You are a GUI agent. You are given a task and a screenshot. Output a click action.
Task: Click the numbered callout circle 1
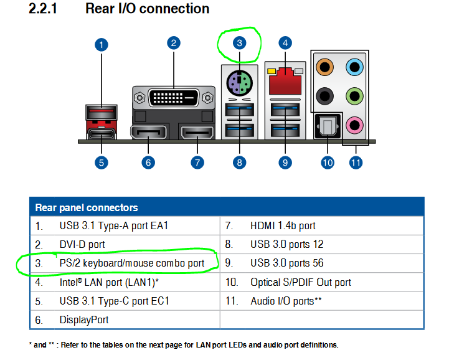coord(102,45)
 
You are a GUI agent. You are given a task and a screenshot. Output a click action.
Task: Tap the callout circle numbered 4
coord(285,43)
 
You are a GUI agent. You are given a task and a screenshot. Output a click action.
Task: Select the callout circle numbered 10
coord(328,163)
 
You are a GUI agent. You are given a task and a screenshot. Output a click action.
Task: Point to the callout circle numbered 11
coord(356,163)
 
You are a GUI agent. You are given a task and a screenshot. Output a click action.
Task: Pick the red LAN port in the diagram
coord(285,78)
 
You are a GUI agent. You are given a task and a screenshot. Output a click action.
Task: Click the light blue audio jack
coord(354,67)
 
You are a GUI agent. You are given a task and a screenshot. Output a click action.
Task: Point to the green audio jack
coord(354,96)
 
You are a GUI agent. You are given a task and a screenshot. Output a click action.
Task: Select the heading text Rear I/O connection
coord(147,9)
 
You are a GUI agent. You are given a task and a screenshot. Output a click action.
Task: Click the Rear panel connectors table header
coord(87,207)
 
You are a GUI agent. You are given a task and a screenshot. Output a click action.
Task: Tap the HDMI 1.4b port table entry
coord(283,226)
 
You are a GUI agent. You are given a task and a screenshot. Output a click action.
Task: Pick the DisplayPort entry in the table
coord(84,320)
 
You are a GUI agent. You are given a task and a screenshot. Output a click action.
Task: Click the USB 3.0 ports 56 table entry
coord(287,263)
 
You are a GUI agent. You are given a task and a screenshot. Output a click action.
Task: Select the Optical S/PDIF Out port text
coord(301,282)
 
